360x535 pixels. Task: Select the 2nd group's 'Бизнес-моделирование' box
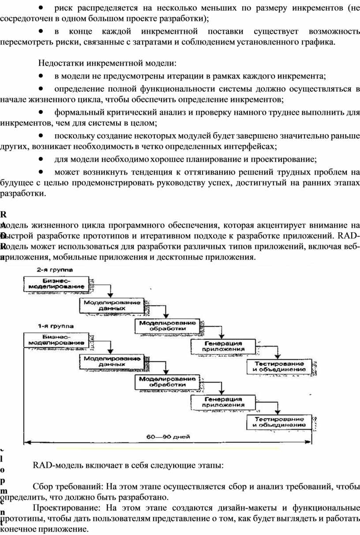pyautogui.click(x=55, y=283)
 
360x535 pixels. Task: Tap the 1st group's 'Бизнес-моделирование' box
pyautogui.click(x=55, y=340)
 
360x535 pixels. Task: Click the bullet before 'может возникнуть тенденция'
pyautogui.click(x=41, y=170)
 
